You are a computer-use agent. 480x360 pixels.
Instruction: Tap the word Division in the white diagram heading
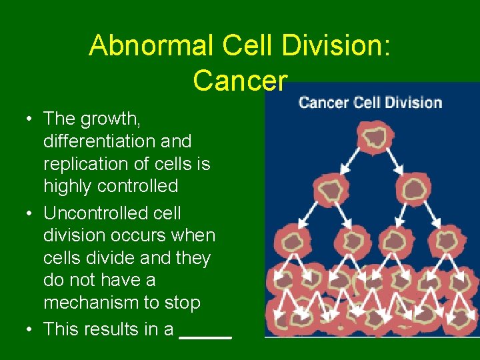[416, 103]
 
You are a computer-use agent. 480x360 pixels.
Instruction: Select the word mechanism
[92, 303]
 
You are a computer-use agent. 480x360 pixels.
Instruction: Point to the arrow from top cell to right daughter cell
[393, 165]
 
